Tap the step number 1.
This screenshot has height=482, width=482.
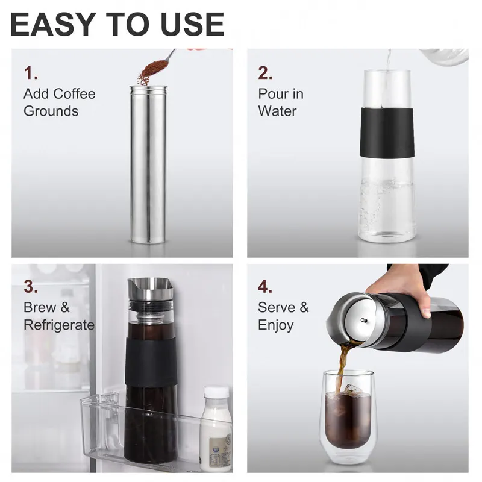tap(31, 74)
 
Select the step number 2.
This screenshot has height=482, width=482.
tap(266, 74)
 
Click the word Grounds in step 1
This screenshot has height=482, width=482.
tap(51, 111)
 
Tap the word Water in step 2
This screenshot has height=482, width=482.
tap(277, 111)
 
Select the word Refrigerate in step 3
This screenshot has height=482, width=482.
tap(59, 325)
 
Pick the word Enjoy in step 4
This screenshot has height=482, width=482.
tap(276, 325)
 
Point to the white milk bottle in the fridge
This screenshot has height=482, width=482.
tap(216, 428)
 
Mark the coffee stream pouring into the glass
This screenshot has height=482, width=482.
tap(341, 365)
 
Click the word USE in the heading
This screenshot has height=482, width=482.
tap(191, 24)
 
